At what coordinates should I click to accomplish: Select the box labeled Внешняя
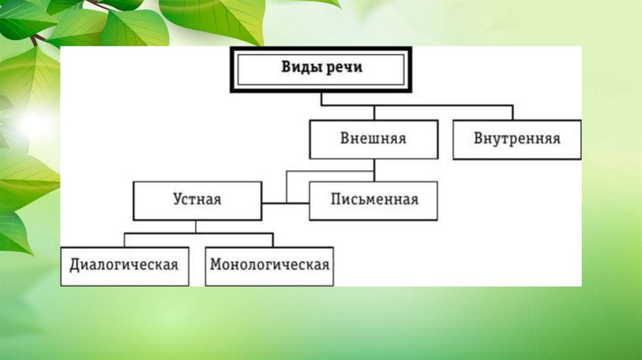click(x=373, y=139)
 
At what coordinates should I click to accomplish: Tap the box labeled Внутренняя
click(x=517, y=139)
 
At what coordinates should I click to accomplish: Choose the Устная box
click(x=197, y=201)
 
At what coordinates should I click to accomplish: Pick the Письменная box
click(x=374, y=201)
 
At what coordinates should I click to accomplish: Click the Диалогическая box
click(x=124, y=265)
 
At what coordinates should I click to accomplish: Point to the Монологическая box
click(x=269, y=265)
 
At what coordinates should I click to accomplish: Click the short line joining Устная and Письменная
click(x=275, y=203)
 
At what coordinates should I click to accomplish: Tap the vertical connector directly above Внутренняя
click(x=513, y=113)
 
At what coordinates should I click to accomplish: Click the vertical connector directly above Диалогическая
click(x=124, y=240)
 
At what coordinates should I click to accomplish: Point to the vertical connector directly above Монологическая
click(x=273, y=240)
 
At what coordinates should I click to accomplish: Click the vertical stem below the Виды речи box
click(x=321, y=99)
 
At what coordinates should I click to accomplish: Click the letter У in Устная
click(x=177, y=200)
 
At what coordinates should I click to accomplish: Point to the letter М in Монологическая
click(x=216, y=265)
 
